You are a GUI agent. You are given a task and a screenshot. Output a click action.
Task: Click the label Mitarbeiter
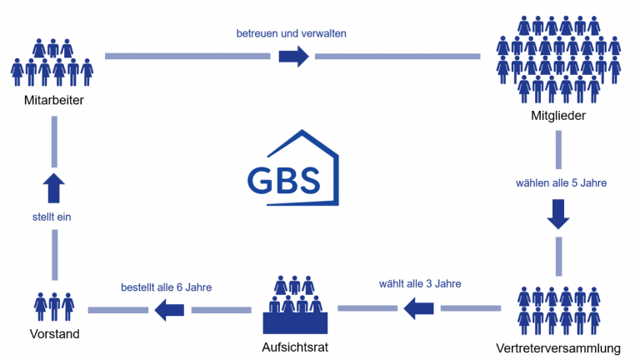tap(56, 101)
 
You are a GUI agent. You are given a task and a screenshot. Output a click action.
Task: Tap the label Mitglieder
tap(559, 115)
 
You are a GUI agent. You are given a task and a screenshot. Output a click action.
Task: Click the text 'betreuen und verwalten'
tap(292, 33)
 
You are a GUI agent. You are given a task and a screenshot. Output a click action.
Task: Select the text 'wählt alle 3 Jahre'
tap(419, 282)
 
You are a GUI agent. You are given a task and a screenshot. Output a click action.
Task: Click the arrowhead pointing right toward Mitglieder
tap(293, 57)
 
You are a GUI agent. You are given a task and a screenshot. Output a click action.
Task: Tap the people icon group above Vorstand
tap(53, 306)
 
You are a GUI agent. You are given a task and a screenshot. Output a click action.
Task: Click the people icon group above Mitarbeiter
tap(52, 62)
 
